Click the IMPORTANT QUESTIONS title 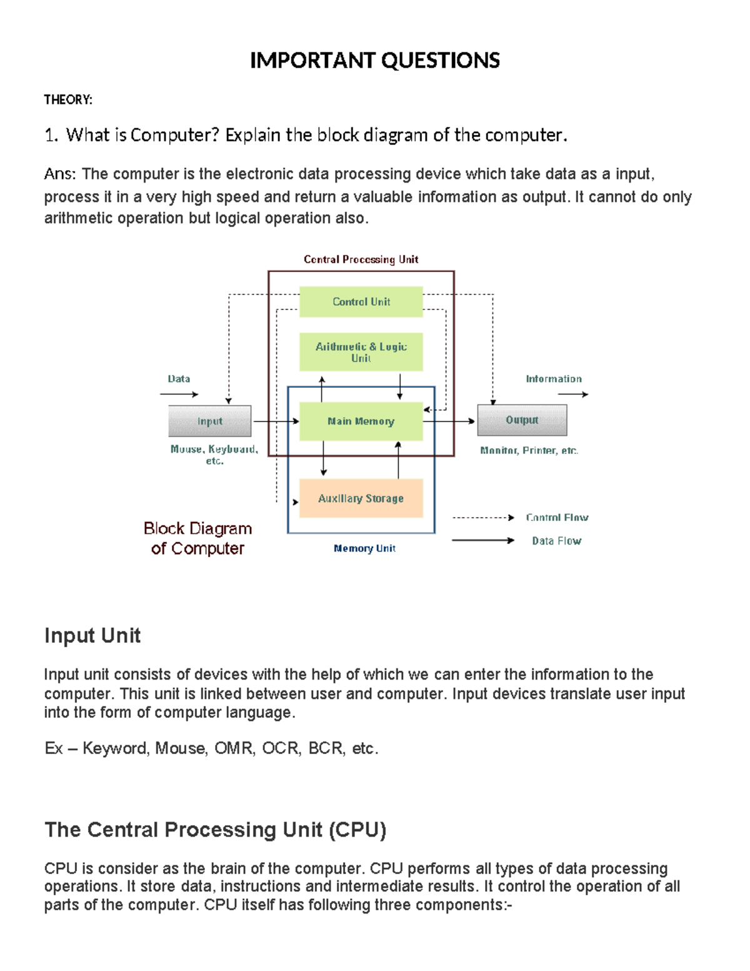click(374, 61)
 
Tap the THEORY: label click(68, 100)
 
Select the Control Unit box click(361, 302)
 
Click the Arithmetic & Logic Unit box click(361, 352)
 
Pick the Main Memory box click(361, 421)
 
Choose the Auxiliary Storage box click(361, 498)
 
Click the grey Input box click(210, 421)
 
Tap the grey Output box click(522, 420)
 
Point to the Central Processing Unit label click(361, 259)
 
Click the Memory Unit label click(364, 548)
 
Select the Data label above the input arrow click(179, 379)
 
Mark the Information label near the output click(554, 379)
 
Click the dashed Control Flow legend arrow click(482, 518)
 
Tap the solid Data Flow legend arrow click(482, 540)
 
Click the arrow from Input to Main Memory click(275, 421)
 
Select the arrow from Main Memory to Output click(449, 421)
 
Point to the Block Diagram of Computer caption click(197, 538)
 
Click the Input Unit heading click(92, 636)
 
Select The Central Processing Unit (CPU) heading click(216, 830)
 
